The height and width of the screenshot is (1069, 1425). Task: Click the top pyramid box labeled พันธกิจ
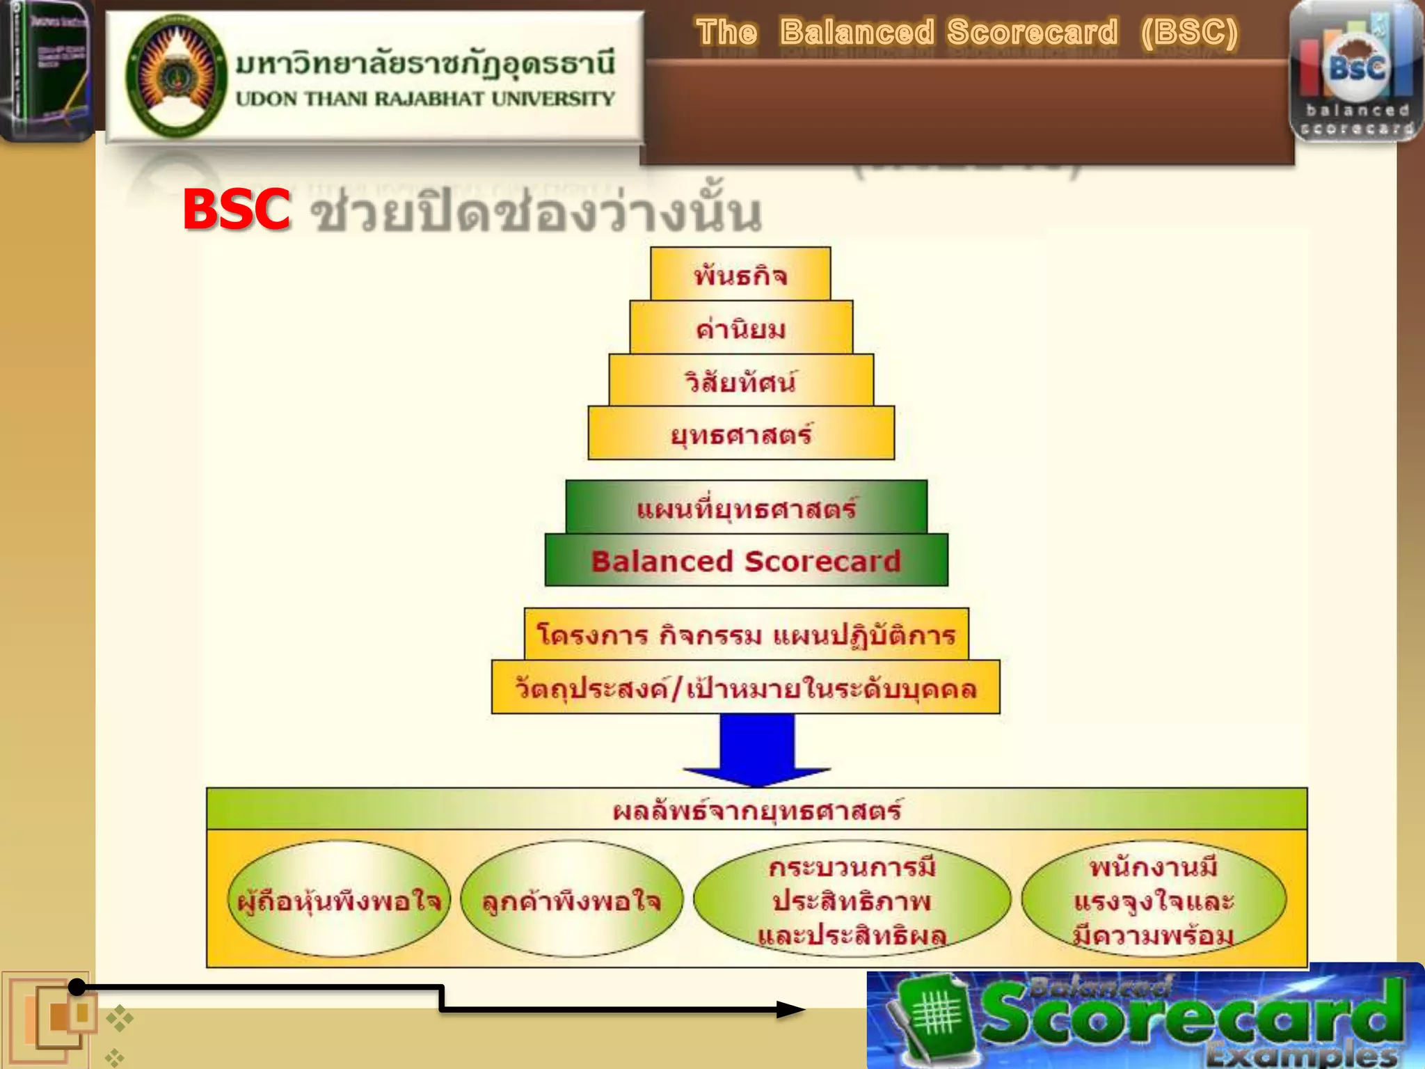(740, 275)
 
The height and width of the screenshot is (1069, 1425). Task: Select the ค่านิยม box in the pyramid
(741, 328)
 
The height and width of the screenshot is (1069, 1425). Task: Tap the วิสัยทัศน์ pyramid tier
(741, 381)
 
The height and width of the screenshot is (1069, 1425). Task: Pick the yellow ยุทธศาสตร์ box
(741, 434)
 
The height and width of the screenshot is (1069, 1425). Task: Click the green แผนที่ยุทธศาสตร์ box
(746, 507)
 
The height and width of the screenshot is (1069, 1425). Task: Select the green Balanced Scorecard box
(746, 560)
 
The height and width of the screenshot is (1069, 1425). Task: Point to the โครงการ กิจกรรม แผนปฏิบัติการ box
(746, 634)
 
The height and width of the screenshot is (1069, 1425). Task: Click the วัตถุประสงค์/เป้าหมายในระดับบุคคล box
(745, 688)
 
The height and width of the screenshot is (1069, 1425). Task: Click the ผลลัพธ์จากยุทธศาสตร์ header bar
(756, 809)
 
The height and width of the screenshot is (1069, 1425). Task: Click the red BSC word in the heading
(236, 209)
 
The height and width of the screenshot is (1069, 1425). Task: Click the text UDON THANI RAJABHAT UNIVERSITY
(424, 99)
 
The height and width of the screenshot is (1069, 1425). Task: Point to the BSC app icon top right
(1356, 72)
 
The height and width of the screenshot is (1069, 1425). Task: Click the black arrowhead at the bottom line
(790, 1009)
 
